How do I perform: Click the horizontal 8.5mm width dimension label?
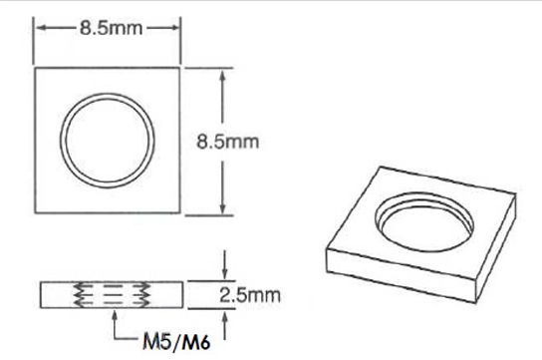click(111, 28)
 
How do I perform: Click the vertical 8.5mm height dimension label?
click(228, 142)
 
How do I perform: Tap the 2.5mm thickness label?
click(249, 295)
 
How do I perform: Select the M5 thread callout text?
click(157, 342)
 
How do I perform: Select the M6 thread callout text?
click(196, 342)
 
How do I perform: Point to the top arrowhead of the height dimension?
click(222, 76)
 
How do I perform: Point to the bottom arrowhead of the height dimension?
click(222, 207)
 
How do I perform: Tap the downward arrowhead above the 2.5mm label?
click(225, 274)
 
